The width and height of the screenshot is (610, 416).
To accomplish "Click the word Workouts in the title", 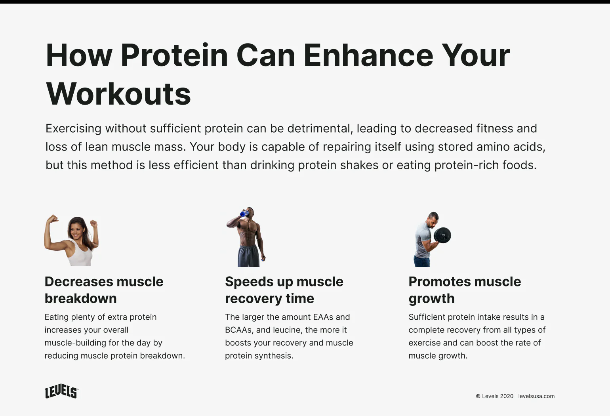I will [118, 94].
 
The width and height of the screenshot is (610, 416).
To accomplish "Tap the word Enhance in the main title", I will [368, 55].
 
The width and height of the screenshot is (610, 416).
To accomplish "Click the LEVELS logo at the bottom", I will [61, 391].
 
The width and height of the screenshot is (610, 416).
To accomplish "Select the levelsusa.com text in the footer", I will [536, 396].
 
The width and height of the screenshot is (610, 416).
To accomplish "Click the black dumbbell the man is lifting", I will [442, 235].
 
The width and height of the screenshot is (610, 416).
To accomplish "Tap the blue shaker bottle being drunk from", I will [244, 214].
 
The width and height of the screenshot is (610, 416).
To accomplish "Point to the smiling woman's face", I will [76, 229].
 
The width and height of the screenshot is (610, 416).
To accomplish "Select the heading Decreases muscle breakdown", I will [104, 290].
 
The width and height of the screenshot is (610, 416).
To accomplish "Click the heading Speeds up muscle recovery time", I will [284, 290].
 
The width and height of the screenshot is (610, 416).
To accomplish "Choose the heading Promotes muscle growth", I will [465, 290].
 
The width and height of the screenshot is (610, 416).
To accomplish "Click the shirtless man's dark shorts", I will [249, 257].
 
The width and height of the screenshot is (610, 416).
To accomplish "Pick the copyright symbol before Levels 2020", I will [478, 396].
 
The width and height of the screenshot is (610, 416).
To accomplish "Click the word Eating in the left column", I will [56, 317].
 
